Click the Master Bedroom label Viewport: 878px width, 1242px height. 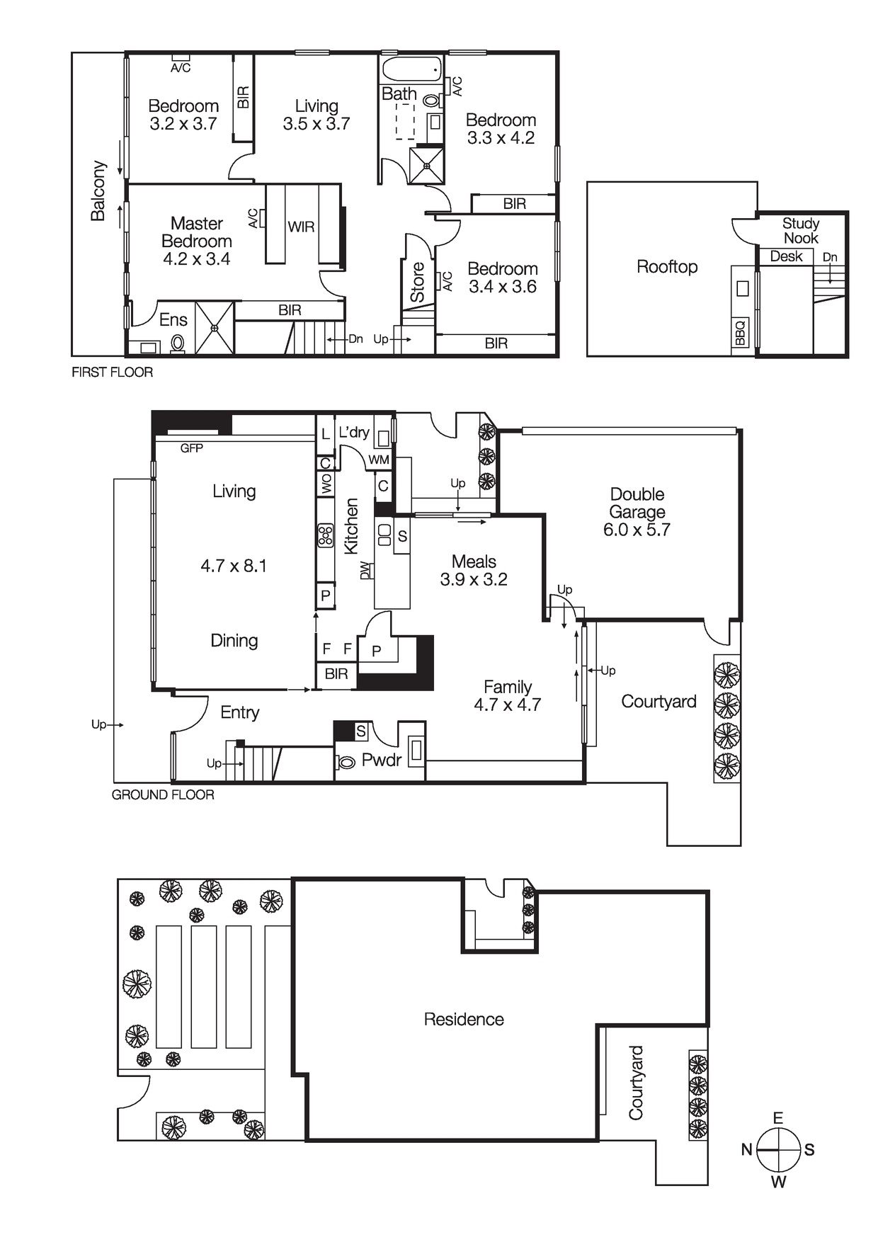click(x=196, y=232)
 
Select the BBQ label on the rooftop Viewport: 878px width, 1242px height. click(x=740, y=333)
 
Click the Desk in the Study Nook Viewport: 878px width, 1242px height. click(x=786, y=256)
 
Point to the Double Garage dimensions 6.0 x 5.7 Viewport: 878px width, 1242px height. click(x=636, y=530)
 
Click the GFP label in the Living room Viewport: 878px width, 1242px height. click(x=191, y=448)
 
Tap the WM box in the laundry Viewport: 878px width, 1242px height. click(x=379, y=460)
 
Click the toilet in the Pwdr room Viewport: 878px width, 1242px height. click(x=346, y=763)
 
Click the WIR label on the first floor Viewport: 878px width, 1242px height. click(x=301, y=227)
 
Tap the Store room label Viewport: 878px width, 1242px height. click(x=418, y=282)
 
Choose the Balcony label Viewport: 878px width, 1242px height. click(x=98, y=190)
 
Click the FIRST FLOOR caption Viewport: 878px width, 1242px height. click(x=112, y=372)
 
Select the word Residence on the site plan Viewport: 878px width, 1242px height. click(x=464, y=1019)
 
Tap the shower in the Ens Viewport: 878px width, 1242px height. click(x=214, y=327)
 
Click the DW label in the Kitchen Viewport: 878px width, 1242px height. click(x=365, y=570)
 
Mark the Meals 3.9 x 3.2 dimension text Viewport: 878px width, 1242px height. click(x=474, y=579)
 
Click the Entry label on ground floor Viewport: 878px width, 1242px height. click(x=239, y=712)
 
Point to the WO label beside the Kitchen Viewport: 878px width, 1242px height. click(x=326, y=484)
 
